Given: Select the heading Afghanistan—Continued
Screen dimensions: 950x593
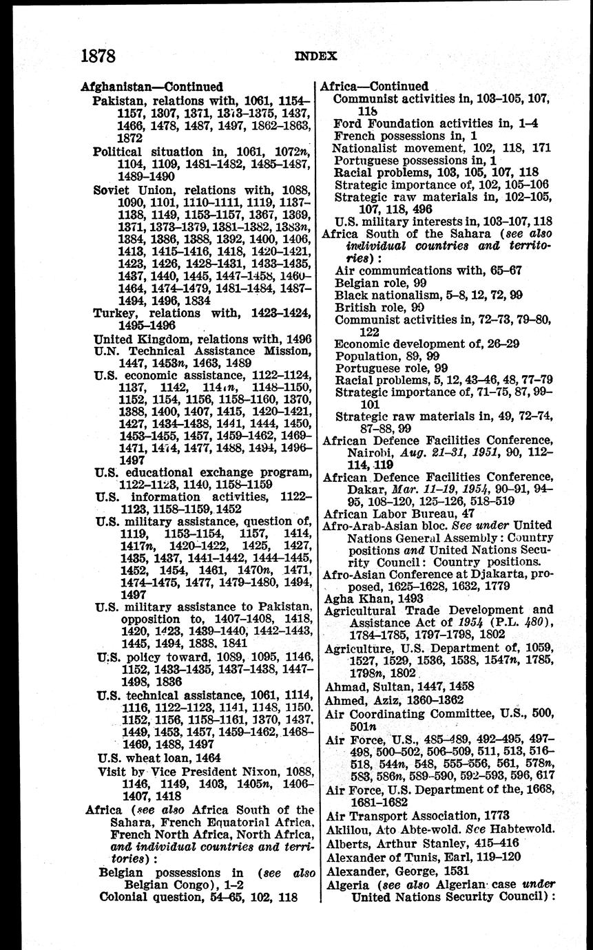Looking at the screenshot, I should tap(152, 87).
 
